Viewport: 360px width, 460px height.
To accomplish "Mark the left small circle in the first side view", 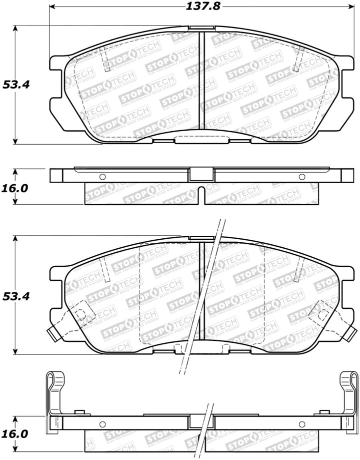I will click(x=102, y=176).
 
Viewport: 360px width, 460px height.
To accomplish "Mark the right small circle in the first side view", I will click(x=301, y=176).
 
